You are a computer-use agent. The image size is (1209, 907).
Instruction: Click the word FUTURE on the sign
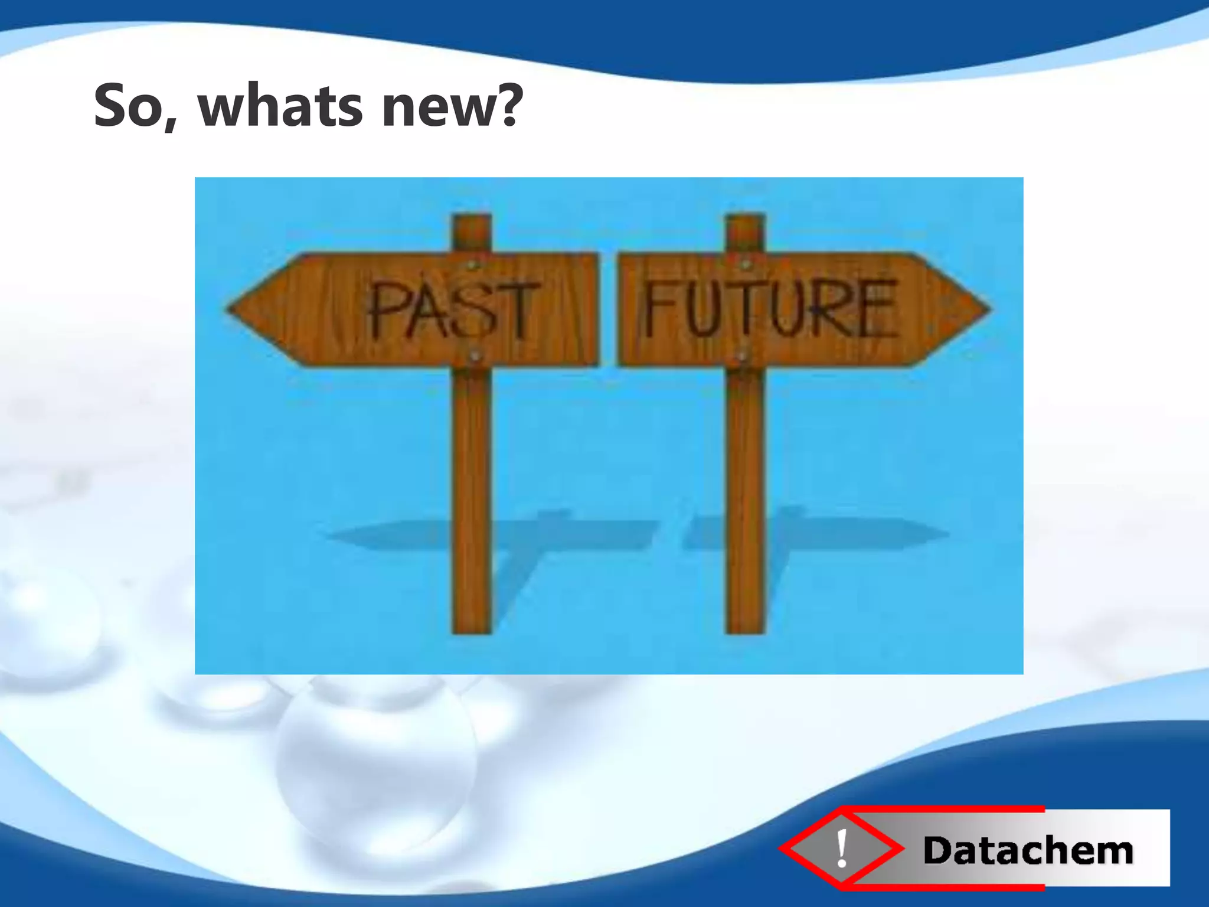[x=770, y=308]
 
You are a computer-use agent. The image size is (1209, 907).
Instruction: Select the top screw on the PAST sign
[x=472, y=264]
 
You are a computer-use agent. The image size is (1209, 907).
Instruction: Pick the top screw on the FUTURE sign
[x=745, y=263]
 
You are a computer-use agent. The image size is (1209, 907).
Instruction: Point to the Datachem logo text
[x=1028, y=851]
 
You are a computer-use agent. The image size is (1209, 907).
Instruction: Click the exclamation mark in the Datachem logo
[x=842, y=849]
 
